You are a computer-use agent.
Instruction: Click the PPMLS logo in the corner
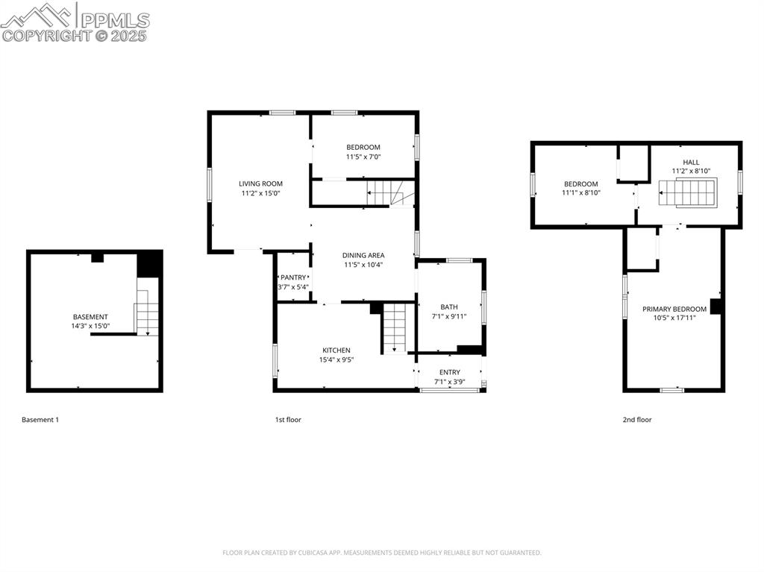[x=75, y=22]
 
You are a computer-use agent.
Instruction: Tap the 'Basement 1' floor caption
[x=40, y=420]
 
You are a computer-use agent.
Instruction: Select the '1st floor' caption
[x=288, y=420]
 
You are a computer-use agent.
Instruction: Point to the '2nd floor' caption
[x=637, y=420]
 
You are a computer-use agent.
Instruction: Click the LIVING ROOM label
[x=260, y=183]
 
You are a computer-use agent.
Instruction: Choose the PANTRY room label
[x=293, y=277]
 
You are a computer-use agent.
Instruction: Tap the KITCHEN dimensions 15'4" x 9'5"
[x=336, y=359]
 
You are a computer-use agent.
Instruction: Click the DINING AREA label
[x=363, y=255]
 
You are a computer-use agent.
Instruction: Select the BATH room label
[x=449, y=307]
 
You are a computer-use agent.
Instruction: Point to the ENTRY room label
[x=449, y=372]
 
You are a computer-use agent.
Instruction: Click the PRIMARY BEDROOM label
[x=674, y=309]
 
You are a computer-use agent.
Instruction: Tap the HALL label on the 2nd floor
[x=691, y=162]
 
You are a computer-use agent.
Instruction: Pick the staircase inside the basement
[x=147, y=313]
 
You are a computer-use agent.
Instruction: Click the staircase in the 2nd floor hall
[x=686, y=196]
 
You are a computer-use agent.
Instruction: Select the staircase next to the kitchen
[x=394, y=327]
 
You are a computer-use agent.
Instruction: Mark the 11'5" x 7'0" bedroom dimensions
[x=363, y=157]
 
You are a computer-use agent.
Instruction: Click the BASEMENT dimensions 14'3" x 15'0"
[x=90, y=326]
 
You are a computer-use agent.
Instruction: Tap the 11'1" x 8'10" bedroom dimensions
[x=580, y=193]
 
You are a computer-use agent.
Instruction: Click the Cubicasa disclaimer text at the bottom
[x=382, y=553]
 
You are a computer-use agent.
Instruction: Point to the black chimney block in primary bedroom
[x=715, y=306]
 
